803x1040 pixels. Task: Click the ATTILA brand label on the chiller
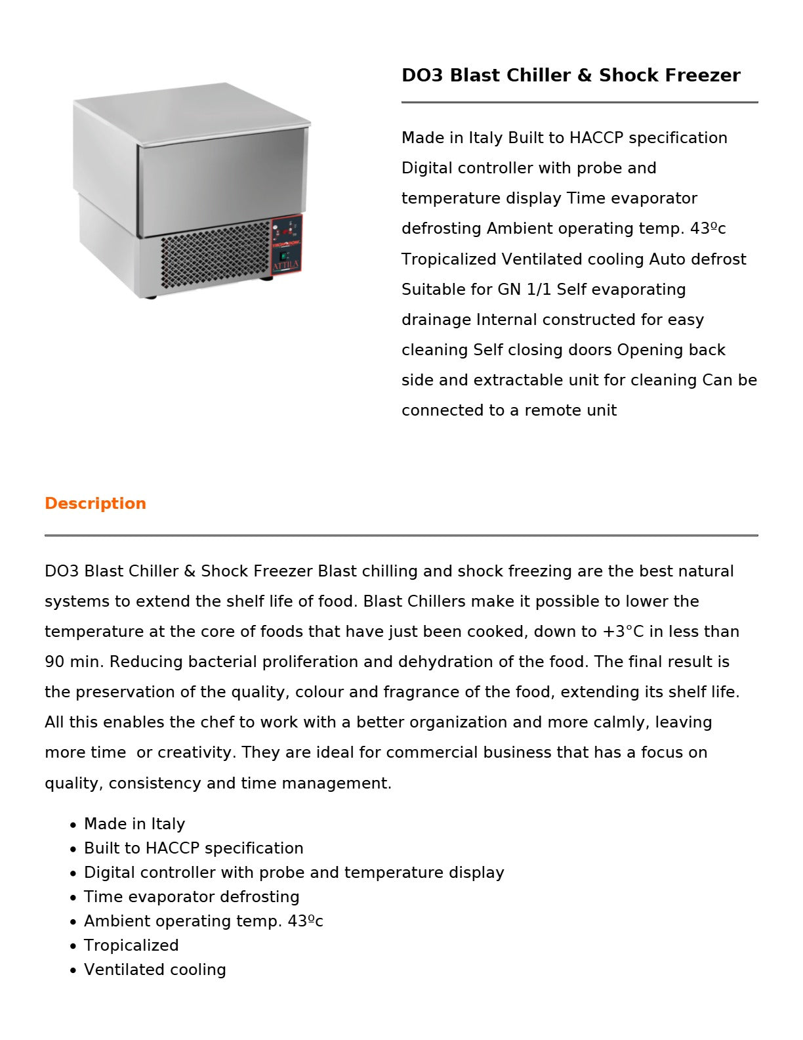[286, 266]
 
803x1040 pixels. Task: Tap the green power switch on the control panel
[285, 255]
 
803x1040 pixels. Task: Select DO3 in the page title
[422, 76]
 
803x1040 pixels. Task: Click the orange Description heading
[95, 504]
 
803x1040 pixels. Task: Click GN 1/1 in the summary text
[524, 290]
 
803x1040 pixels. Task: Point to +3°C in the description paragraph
[623, 632]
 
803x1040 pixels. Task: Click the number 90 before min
[54, 662]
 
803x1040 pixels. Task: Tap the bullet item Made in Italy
[134, 824]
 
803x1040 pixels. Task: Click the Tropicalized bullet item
[131, 945]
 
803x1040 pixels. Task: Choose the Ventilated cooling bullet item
[155, 970]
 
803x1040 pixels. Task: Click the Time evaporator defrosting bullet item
[192, 897]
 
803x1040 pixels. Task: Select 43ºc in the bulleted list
[305, 921]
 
